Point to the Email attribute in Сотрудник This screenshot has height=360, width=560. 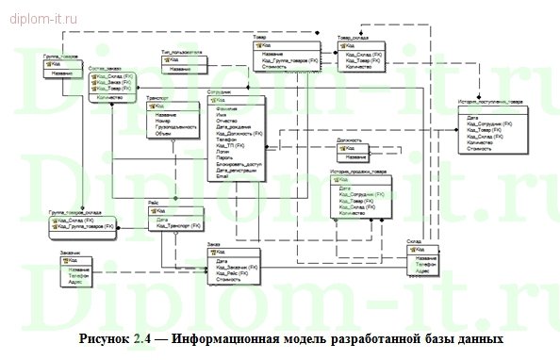(x=222, y=176)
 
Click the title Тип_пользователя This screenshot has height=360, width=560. (x=181, y=54)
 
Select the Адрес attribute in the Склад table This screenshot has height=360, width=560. (x=422, y=270)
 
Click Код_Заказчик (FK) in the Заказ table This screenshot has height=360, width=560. (x=237, y=267)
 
